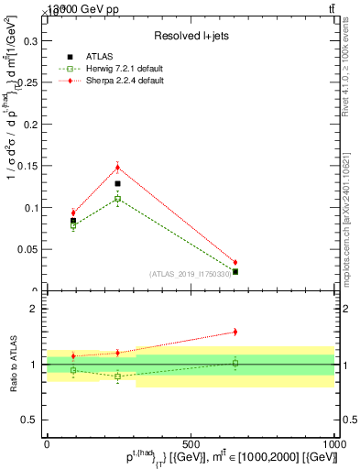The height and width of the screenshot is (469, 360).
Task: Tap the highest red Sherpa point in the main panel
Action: (117, 167)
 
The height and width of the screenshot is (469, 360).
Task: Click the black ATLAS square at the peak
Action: (117, 183)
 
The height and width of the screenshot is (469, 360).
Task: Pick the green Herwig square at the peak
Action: (117, 198)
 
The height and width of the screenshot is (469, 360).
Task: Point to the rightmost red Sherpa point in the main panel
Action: (235, 263)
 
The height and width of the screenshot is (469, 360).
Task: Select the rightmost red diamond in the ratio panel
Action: (235, 332)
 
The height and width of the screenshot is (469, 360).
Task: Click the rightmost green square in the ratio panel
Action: (235, 364)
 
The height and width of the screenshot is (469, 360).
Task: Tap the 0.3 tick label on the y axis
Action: (29, 41)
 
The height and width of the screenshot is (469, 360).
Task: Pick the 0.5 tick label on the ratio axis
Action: (29, 420)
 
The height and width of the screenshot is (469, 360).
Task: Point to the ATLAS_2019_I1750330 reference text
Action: (190, 273)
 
